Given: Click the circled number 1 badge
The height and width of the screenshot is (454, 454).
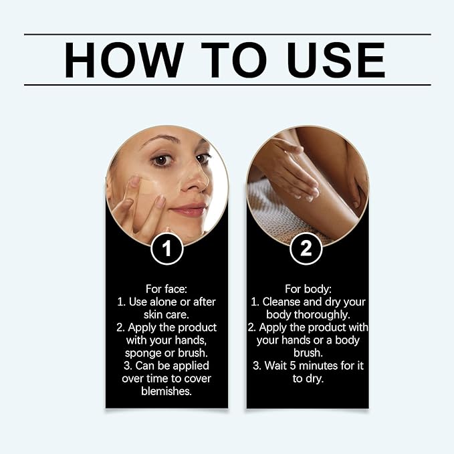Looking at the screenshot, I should [166, 249].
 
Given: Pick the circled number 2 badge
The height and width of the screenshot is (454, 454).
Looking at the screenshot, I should [306, 249].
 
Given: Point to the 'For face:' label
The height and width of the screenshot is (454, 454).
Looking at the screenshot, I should [166, 289].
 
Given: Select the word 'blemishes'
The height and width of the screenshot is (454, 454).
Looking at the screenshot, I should [166, 392].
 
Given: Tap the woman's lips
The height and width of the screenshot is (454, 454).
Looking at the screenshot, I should [190, 211].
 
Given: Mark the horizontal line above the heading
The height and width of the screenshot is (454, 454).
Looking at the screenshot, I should [227, 34].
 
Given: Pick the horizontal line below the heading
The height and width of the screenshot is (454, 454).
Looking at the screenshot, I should [227, 85].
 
